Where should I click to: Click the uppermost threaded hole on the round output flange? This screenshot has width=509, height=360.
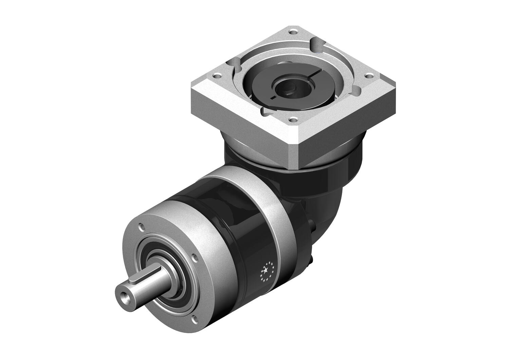[140, 226]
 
